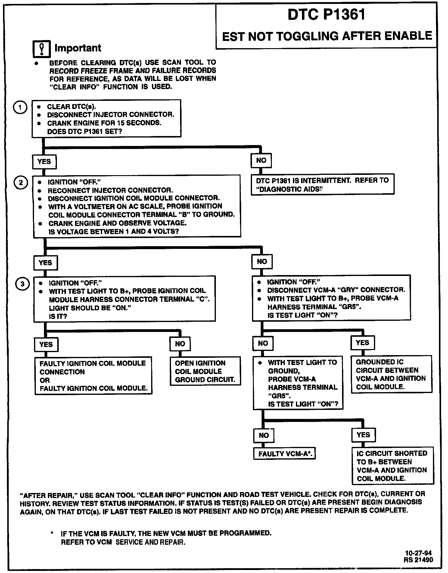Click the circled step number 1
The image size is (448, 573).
click(20, 107)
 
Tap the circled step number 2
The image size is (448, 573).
click(21, 183)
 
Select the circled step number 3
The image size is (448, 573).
click(22, 283)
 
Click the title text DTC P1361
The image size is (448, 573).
click(326, 14)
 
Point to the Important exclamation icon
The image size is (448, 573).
click(41, 49)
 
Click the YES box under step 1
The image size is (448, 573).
click(44, 162)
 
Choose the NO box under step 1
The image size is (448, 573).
click(261, 160)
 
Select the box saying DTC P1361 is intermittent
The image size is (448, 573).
click(322, 184)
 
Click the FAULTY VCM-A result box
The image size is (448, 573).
click(284, 454)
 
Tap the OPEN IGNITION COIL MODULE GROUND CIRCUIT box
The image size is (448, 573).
click(205, 371)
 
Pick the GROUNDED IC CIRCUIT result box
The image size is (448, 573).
click(391, 374)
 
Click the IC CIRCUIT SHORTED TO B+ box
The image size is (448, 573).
click(393, 466)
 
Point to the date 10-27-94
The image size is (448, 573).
click(418, 553)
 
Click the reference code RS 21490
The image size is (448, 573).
click(418, 560)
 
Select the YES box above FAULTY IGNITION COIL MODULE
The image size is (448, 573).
click(46, 344)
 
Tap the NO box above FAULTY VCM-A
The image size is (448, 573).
click(264, 435)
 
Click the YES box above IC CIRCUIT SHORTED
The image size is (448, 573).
click(363, 435)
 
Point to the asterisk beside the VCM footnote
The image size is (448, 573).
click(52, 533)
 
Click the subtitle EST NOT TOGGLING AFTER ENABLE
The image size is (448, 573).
click(327, 36)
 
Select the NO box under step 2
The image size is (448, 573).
click(262, 262)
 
